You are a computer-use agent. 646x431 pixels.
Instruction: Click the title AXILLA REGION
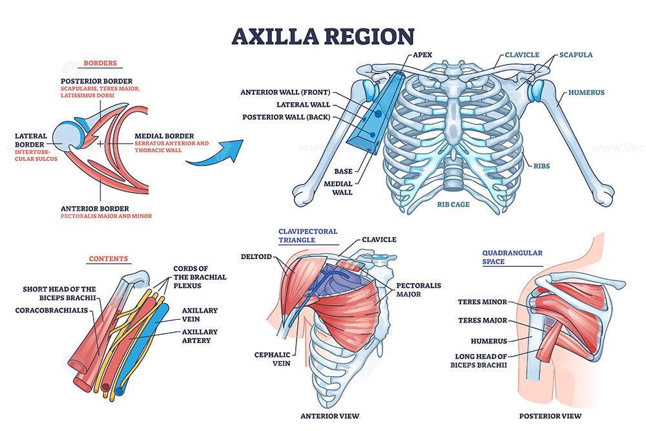point(323,36)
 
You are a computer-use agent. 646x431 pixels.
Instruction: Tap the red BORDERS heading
point(100,63)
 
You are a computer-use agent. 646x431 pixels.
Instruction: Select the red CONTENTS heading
point(109,258)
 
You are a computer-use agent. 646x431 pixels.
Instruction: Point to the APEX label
point(422,54)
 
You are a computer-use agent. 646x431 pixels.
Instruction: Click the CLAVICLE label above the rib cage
point(522,54)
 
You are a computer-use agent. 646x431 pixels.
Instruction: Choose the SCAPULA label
point(576,54)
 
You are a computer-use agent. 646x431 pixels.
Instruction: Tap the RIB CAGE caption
point(453,204)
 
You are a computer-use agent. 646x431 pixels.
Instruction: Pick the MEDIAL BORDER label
point(164,136)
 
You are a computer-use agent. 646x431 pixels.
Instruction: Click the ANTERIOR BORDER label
point(95,209)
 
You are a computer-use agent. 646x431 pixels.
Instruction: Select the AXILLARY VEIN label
point(200,315)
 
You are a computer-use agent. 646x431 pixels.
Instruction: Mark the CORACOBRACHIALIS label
point(52,310)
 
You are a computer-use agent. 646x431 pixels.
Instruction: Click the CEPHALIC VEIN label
point(273,359)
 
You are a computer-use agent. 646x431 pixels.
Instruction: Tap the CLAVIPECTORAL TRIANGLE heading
point(307,236)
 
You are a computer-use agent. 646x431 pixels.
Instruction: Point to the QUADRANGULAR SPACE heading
point(512,257)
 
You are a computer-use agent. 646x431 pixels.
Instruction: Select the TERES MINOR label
point(483,302)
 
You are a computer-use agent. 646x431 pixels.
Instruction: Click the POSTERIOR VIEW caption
point(550,416)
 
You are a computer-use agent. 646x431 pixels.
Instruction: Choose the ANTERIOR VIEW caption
point(330,416)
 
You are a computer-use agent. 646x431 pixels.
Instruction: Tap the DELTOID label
point(256,257)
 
